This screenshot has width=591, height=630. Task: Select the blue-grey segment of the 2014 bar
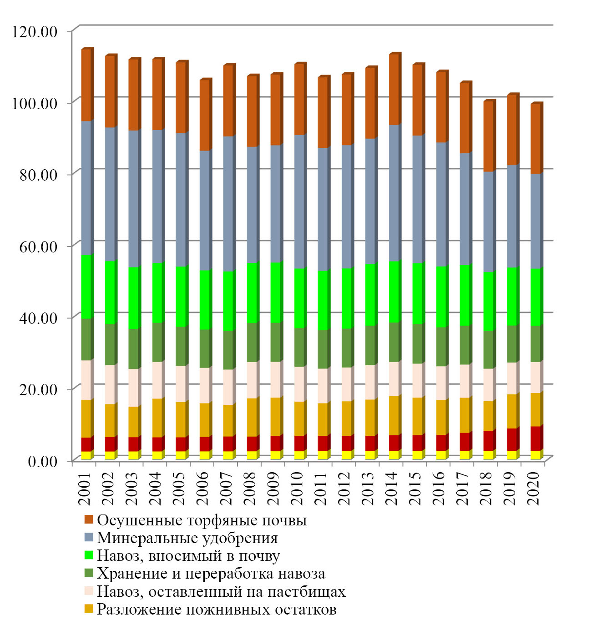tap(394, 193)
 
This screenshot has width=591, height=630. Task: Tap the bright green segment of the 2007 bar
tap(228, 301)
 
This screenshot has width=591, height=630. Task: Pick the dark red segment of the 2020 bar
tap(536, 438)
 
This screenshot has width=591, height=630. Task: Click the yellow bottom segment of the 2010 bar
tap(299, 455)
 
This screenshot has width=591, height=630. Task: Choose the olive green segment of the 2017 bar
tap(465, 345)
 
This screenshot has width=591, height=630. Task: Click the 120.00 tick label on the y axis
tap(35, 31)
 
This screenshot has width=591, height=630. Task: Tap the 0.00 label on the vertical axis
tap(43, 461)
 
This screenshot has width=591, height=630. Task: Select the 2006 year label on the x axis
tap(202, 488)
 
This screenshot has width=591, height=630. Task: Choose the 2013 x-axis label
tap(368, 488)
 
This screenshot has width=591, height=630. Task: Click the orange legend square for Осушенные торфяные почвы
tap(89, 519)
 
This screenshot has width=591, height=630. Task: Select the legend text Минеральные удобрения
tap(187, 538)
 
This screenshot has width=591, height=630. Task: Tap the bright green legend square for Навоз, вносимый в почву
tap(89, 555)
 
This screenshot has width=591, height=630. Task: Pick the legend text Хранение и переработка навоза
tap(211, 573)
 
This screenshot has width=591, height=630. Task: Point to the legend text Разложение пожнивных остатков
tap(217, 609)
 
